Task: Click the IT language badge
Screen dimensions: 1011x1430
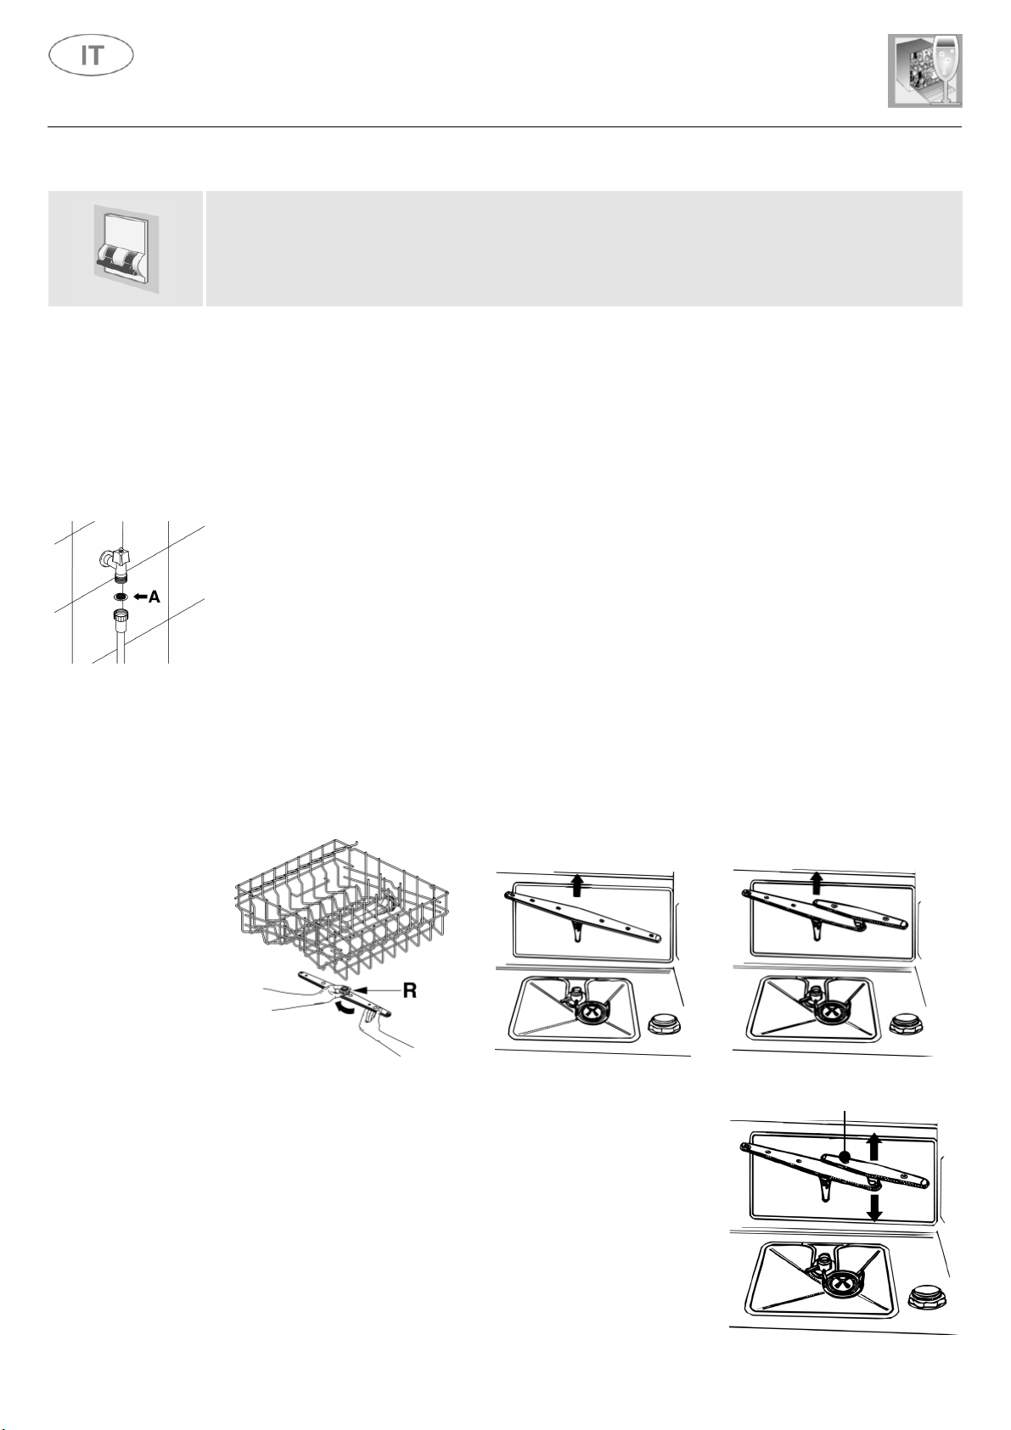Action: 91,56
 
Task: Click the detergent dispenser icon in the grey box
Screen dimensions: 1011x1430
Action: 125,249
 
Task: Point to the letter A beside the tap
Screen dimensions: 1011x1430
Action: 154,597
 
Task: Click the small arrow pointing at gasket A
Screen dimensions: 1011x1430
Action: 139,597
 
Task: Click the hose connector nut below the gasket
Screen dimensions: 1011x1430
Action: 121,617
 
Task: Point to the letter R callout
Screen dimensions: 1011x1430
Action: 409,990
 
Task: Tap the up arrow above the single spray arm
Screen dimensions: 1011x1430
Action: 577,886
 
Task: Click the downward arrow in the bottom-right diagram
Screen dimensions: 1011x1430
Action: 874,1208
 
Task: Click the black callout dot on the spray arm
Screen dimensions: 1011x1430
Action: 845,1156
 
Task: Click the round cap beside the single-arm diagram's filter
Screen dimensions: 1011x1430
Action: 664,1025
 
